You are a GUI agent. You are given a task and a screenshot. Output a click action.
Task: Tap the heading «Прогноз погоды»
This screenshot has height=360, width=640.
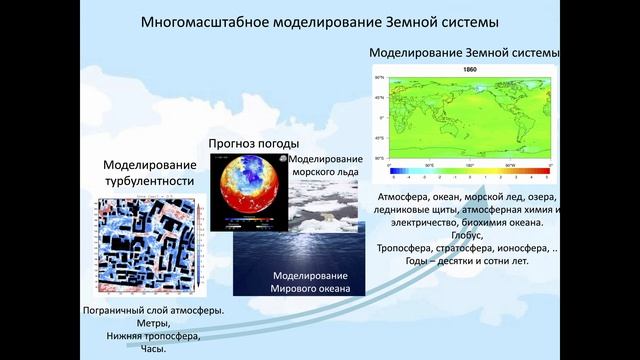247,143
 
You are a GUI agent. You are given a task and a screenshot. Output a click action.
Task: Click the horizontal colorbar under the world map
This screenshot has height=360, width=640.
469,172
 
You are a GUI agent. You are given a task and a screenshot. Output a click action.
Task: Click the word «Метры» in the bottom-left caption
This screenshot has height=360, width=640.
152,324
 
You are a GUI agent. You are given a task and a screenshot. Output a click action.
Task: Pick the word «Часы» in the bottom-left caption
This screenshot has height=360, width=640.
152,350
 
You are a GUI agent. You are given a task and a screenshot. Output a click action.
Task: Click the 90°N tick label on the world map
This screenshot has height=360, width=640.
380,76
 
